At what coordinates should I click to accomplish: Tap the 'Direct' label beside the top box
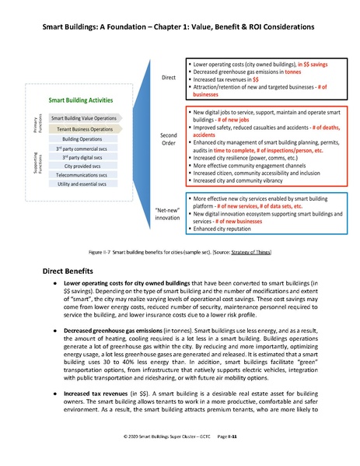point(169,78)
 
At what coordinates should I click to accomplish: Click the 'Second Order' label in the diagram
point(169,139)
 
